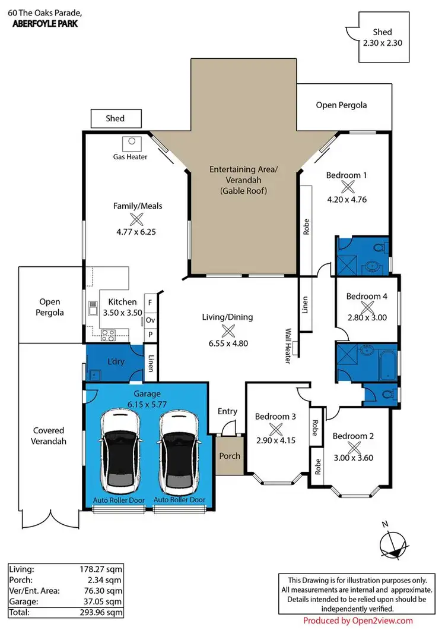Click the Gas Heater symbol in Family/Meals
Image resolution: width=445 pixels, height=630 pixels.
131,143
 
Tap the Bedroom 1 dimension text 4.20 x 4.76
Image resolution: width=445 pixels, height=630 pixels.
347,200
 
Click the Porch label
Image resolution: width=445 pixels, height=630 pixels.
230,456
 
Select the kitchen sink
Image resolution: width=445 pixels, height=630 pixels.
93,308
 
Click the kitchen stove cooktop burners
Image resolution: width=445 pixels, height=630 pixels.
109,335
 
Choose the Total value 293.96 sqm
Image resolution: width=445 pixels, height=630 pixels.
103,612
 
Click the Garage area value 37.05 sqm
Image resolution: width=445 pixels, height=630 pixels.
103,601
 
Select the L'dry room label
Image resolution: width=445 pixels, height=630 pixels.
115,361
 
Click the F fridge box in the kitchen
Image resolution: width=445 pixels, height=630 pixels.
150,303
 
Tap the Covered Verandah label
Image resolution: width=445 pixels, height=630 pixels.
49,436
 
